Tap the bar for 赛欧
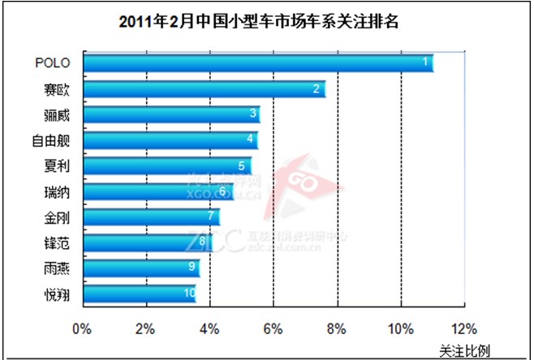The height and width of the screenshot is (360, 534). coord(204,89)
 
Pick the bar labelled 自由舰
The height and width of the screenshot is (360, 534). coord(170,140)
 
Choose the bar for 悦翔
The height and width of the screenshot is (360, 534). coord(139,294)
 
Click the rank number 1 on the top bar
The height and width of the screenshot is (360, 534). coord(426,62)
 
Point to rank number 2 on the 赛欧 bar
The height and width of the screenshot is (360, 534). coord(317,88)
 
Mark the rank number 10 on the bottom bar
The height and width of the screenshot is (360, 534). coord(190,294)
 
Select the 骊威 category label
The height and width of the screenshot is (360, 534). coord(57,114)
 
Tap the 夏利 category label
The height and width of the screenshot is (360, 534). coord(57,165)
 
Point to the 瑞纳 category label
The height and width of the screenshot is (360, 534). coord(57,191)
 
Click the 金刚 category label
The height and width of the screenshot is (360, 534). coord(57,216)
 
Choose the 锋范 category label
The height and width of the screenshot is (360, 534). coord(57,242)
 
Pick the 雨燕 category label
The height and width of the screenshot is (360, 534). coord(57,268)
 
